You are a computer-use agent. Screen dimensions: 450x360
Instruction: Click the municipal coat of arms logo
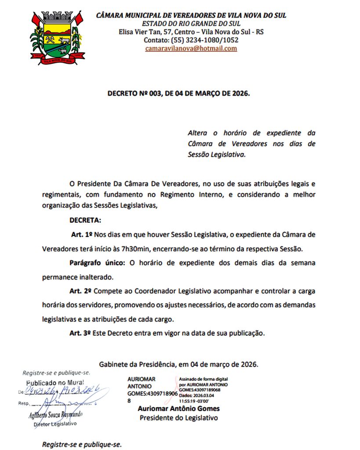(57, 39)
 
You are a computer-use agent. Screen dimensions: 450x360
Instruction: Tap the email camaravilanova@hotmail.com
(191, 48)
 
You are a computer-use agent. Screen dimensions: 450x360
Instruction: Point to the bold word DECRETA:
(85, 220)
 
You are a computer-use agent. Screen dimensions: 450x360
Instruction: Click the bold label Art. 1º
(81, 234)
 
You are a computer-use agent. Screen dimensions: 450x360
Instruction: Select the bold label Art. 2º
(80, 291)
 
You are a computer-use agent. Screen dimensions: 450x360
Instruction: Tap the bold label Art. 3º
(80, 333)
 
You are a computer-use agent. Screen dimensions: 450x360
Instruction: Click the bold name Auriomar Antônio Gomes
(178, 409)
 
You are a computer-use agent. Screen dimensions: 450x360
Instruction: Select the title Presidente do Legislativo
(178, 418)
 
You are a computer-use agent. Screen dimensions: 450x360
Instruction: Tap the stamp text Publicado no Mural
(55, 382)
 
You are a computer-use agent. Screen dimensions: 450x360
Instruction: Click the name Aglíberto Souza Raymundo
(56, 415)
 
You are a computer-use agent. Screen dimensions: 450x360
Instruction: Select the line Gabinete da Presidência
(178, 364)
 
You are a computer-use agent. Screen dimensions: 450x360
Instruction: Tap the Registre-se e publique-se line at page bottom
(81, 444)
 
